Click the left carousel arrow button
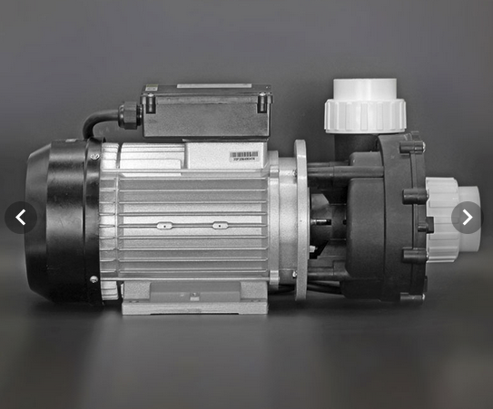click(x=21, y=218)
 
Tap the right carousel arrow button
click(x=467, y=218)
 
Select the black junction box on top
click(x=207, y=111)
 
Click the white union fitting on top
click(x=365, y=105)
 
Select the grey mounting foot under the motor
click(x=195, y=297)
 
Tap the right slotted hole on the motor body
click(x=218, y=224)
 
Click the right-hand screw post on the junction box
click(x=263, y=102)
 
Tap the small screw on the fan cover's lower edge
click(x=93, y=278)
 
